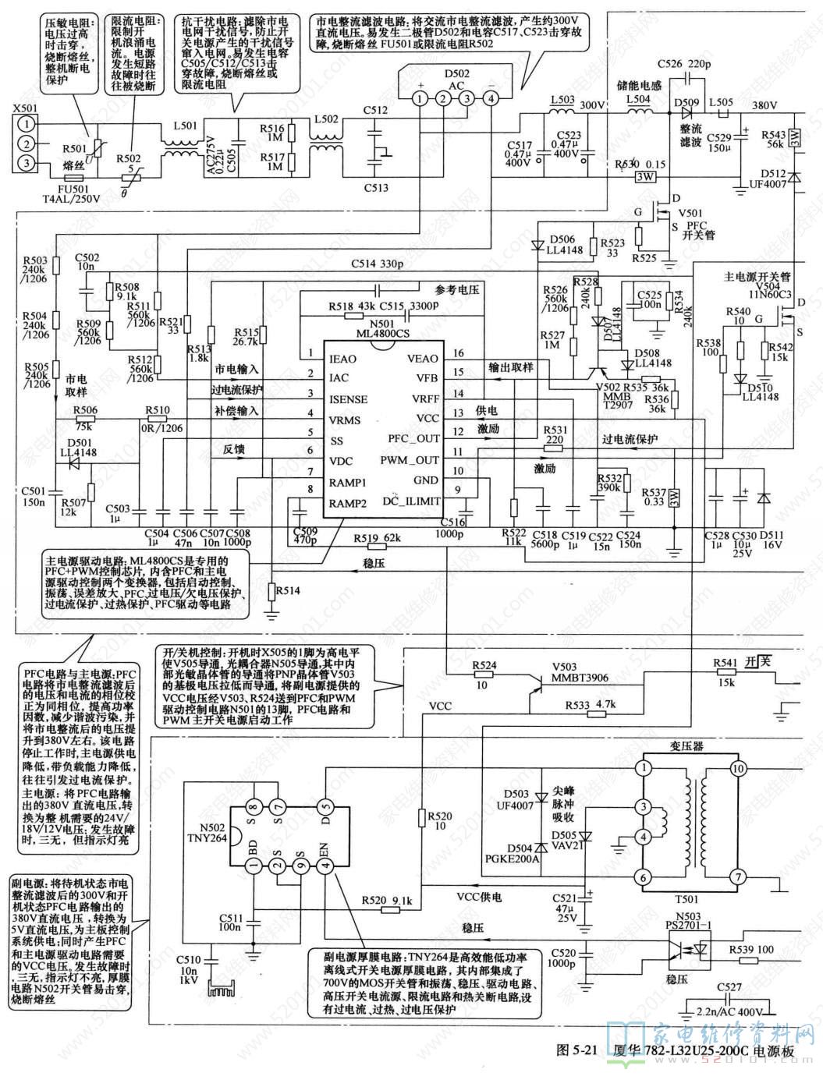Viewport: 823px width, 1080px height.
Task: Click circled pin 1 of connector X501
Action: point(27,123)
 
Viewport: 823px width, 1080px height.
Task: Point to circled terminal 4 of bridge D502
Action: point(491,98)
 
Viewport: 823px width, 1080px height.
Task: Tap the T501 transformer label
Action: point(687,899)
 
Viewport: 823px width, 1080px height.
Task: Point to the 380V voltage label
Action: point(764,105)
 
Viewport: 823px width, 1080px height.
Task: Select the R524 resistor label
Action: point(485,665)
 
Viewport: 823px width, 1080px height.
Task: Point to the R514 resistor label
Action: point(288,591)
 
